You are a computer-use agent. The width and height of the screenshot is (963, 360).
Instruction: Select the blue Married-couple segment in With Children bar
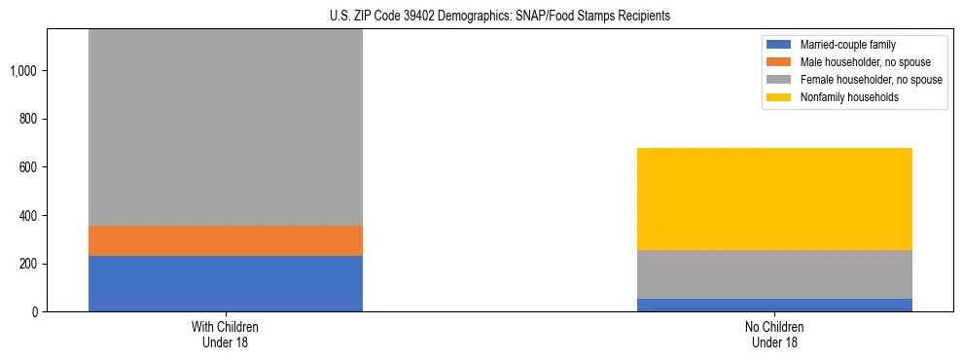click(226, 283)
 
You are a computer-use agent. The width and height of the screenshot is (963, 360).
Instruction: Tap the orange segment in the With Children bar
click(226, 240)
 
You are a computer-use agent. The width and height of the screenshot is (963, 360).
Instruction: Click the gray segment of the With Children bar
click(226, 127)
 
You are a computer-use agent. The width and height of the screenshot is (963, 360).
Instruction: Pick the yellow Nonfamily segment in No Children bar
click(774, 198)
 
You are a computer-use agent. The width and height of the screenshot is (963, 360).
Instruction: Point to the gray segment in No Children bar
click(774, 274)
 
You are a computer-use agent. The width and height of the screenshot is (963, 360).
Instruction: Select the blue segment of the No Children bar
click(774, 305)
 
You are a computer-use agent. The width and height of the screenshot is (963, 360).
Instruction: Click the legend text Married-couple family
click(848, 45)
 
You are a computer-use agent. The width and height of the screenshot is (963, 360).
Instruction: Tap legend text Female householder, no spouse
click(871, 80)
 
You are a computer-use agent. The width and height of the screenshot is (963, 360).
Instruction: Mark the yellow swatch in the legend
click(780, 97)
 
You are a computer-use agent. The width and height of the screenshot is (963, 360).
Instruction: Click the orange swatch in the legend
click(780, 62)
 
